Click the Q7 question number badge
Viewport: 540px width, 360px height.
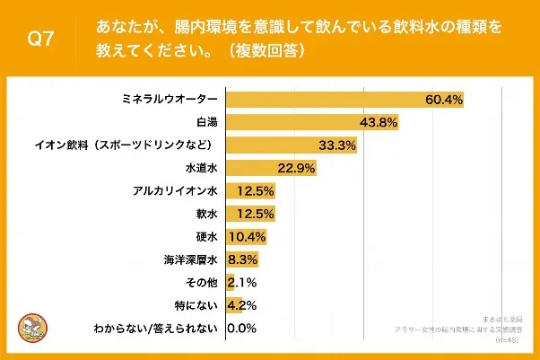tap(41, 40)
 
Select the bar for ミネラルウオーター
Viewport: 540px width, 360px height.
tap(344, 98)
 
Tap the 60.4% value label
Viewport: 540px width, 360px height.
tap(443, 98)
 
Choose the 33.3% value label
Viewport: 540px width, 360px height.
tap(337, 145)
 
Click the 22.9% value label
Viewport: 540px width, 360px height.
tap(296, 168)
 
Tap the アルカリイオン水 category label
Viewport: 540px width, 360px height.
tap(176, 191)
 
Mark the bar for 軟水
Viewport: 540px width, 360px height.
tap(250, 214)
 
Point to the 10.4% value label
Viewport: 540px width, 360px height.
tap(245, 237)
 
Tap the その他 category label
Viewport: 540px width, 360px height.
tap(203, 283)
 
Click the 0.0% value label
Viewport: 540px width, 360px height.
tap(243, 329)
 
